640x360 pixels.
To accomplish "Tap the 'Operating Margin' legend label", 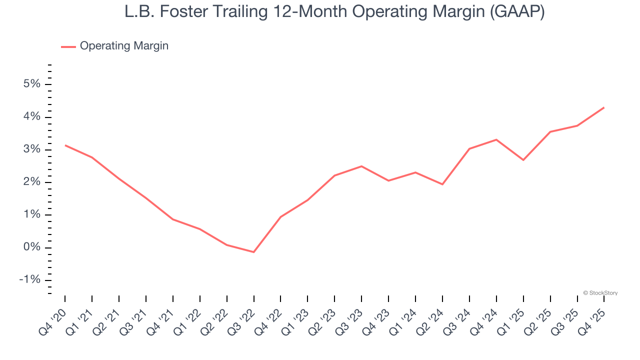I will coord(124,46).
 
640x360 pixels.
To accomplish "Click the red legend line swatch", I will coord(68,46).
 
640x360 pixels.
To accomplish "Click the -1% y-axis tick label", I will coord(29,280).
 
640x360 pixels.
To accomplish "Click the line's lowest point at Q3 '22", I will coord(254,252).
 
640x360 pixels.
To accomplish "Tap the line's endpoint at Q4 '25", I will coord(604,107).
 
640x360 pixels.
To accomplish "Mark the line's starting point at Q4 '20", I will coord(65,145).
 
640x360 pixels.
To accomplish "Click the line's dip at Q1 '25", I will coord(523,160).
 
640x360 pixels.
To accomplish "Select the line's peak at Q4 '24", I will coord(496,139).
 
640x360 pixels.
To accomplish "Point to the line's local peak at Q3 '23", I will coord(361,166).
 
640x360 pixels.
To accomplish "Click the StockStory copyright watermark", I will coord(600,293).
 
